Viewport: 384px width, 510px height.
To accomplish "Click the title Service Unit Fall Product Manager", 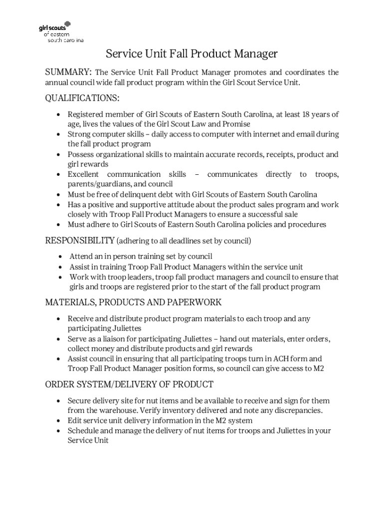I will click(x=192, y=54).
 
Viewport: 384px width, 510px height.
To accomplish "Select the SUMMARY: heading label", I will click(x=68, y=73).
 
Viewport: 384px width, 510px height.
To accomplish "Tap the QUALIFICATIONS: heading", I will click(x=82, y=98).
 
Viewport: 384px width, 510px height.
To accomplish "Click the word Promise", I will click(x=234, y=124).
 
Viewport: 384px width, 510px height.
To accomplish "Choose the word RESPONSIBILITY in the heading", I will click(x=80, y=241).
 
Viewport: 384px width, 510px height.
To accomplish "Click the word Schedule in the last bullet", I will click(x=84, y=431).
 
